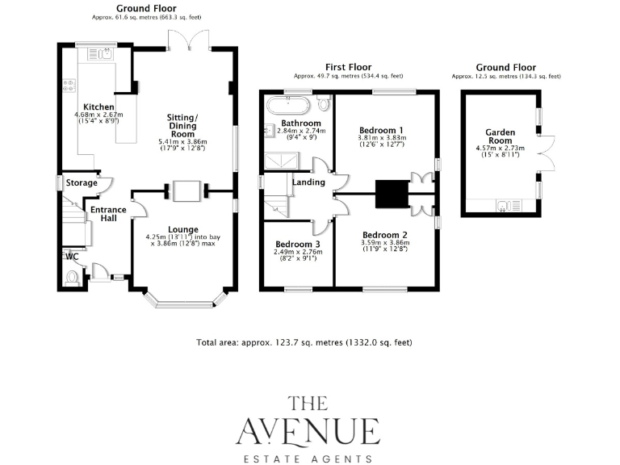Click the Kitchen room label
(98, 107)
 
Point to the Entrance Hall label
(107, 215)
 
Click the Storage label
(82, 183)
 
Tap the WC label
(72, 257)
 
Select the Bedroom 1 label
(381, 130)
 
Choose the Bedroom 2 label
(383, 235)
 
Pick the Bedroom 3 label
(298, 244)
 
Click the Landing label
(308, 182)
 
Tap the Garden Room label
(500, 136)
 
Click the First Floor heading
(347, 66)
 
